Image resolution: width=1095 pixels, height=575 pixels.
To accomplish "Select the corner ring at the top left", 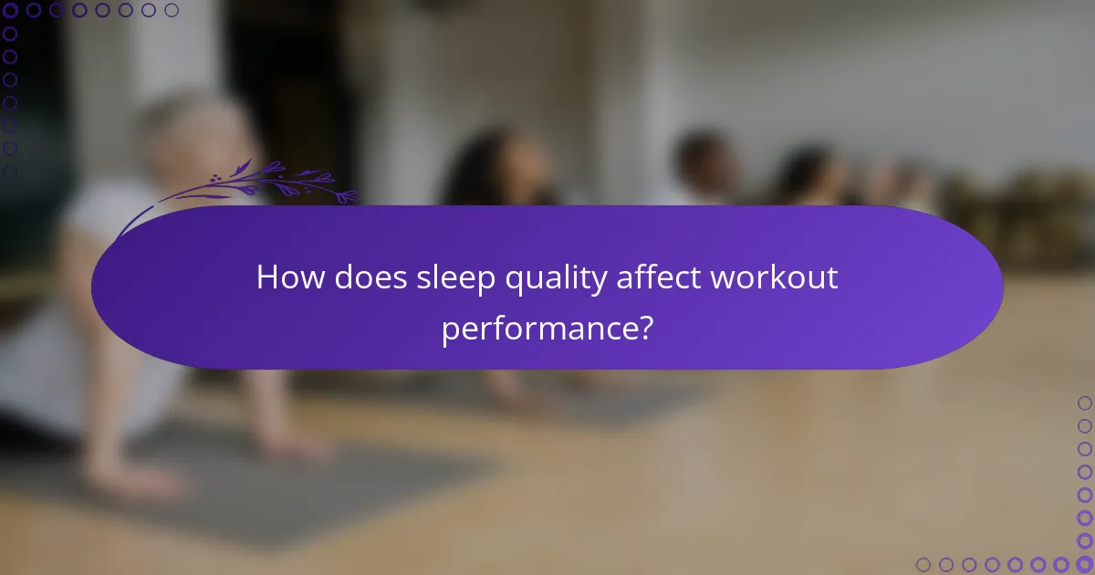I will click(11, 11).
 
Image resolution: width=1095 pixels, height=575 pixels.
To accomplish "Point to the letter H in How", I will click(266, 277).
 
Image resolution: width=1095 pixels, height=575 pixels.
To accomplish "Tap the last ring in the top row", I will click(172, 11).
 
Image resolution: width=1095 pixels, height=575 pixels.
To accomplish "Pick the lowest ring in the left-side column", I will click(11, 171).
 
